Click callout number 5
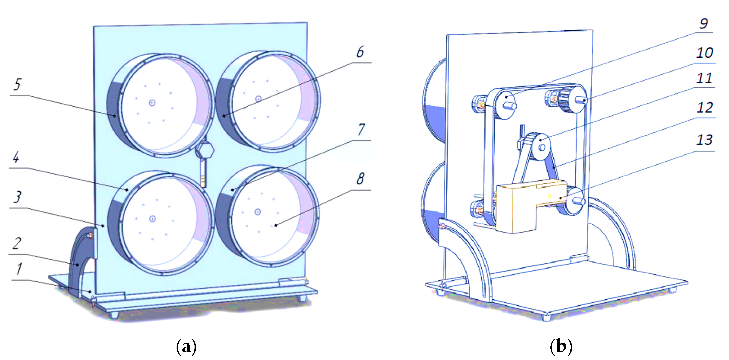coord(17,84)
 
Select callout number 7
coord(361,130)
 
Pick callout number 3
coord(17,197)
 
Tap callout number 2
coord(17,243)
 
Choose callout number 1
coord(19,269)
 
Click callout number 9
coord(704,23)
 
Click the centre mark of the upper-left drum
coord(152,103)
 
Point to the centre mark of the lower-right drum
coord(257,212)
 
